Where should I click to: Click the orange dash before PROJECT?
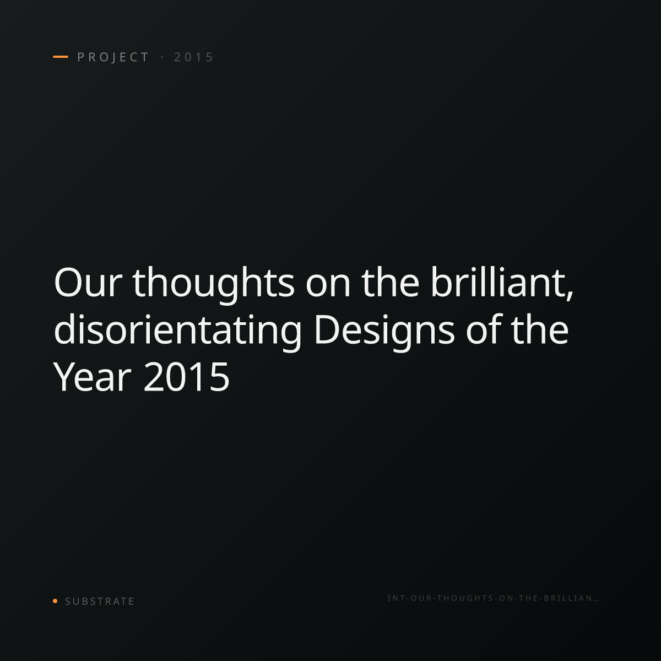[x=61, y=57]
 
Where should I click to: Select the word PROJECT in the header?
[x=113, y=57]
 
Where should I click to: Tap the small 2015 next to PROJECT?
[x=194, y=57]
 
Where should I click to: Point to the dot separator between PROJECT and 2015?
[x=162, y=57]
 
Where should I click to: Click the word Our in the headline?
[x=88, y=283]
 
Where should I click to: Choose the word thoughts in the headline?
[x=213, y=285]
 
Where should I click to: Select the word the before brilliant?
[x=391, y=283]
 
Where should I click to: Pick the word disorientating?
[x=178, y=332]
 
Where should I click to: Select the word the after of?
[x=540, y=329]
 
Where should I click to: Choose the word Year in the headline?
[x=92, y=377]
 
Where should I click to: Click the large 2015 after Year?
[x=186, y=377]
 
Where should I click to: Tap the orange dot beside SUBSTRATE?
[x=55, y=600]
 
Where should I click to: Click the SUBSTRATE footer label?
[x=100, y=602]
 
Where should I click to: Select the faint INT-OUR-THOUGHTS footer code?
[x=494, y=598]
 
